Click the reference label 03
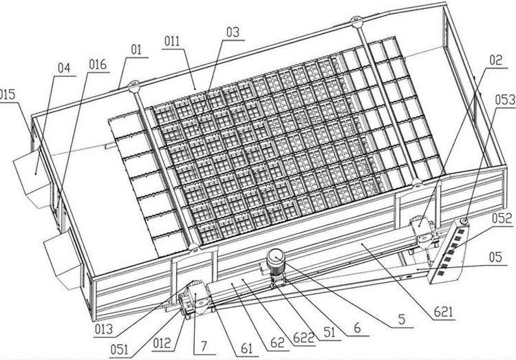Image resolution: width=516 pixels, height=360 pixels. point(233,32)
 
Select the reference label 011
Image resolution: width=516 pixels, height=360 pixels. point(172,41)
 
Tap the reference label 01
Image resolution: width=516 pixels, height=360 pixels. point(136,50)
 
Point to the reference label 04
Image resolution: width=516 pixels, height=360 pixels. point(64,68)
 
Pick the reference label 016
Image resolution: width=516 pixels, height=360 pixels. point(98,65)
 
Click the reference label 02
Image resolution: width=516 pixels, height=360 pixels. point(496,61)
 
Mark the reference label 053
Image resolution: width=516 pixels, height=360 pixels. point(505,100)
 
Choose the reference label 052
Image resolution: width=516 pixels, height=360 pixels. point(502,218)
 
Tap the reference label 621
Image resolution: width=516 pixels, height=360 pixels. point(443,312)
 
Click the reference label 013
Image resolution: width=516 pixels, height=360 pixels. point(104,329)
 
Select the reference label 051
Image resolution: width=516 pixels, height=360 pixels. point(119,350)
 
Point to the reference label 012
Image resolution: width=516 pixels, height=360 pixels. point(162,343)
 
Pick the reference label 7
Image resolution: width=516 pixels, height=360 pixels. point(204,346)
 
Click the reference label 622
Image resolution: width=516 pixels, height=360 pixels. point(303,338)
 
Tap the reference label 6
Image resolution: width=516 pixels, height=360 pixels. point(357,328)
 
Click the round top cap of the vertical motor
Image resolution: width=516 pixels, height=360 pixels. point(276,257)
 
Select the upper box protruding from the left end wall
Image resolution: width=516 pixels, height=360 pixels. point(32,178)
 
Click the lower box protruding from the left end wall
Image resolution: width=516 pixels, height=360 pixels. point(63,260)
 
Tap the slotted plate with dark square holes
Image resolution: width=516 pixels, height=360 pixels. point(448,251)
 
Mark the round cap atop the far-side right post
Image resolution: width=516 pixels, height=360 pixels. point(356,22)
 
